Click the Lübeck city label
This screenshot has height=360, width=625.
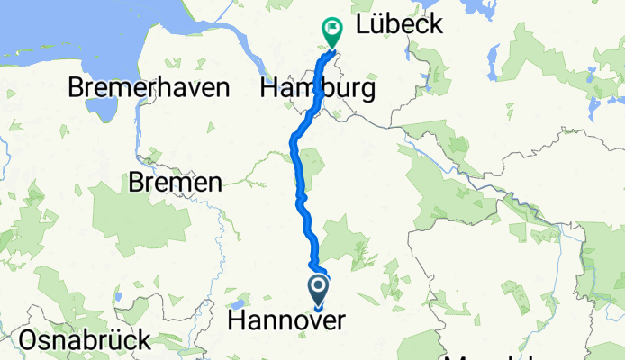coord(399,24)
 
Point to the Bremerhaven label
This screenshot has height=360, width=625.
coord(149,89)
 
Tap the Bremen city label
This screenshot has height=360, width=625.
coord(175,183)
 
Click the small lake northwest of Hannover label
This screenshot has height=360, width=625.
coord(237,303)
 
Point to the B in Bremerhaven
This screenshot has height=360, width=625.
coord(77,89)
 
